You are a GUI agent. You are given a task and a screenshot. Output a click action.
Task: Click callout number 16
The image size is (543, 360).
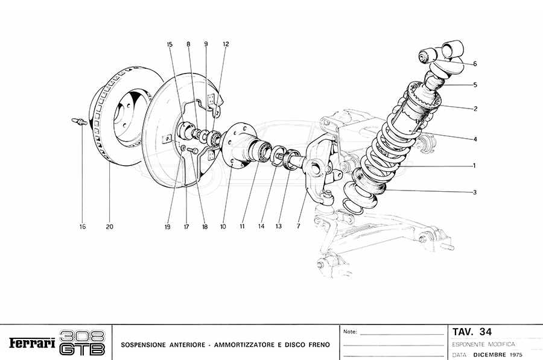(x=82, y=227)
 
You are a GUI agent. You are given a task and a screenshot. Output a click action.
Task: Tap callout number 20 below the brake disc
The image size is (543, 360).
(x=109, y=227)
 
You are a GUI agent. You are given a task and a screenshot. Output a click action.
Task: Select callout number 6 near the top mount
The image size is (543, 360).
(x=475, y=64)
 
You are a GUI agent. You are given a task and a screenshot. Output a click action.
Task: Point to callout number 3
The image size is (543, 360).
(x=475, y=192)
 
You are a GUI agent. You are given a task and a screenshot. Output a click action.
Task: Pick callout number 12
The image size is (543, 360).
(x=226, y=44)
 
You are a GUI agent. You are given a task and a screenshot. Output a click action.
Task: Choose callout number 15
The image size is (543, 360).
(x=170, y=44)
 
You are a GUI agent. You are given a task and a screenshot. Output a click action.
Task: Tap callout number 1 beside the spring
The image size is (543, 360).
(x=475, y=165)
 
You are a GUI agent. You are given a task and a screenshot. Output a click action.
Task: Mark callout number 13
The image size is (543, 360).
(x=279, y=227)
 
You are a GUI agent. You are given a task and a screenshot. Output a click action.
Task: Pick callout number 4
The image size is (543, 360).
(x=475, y=139)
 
